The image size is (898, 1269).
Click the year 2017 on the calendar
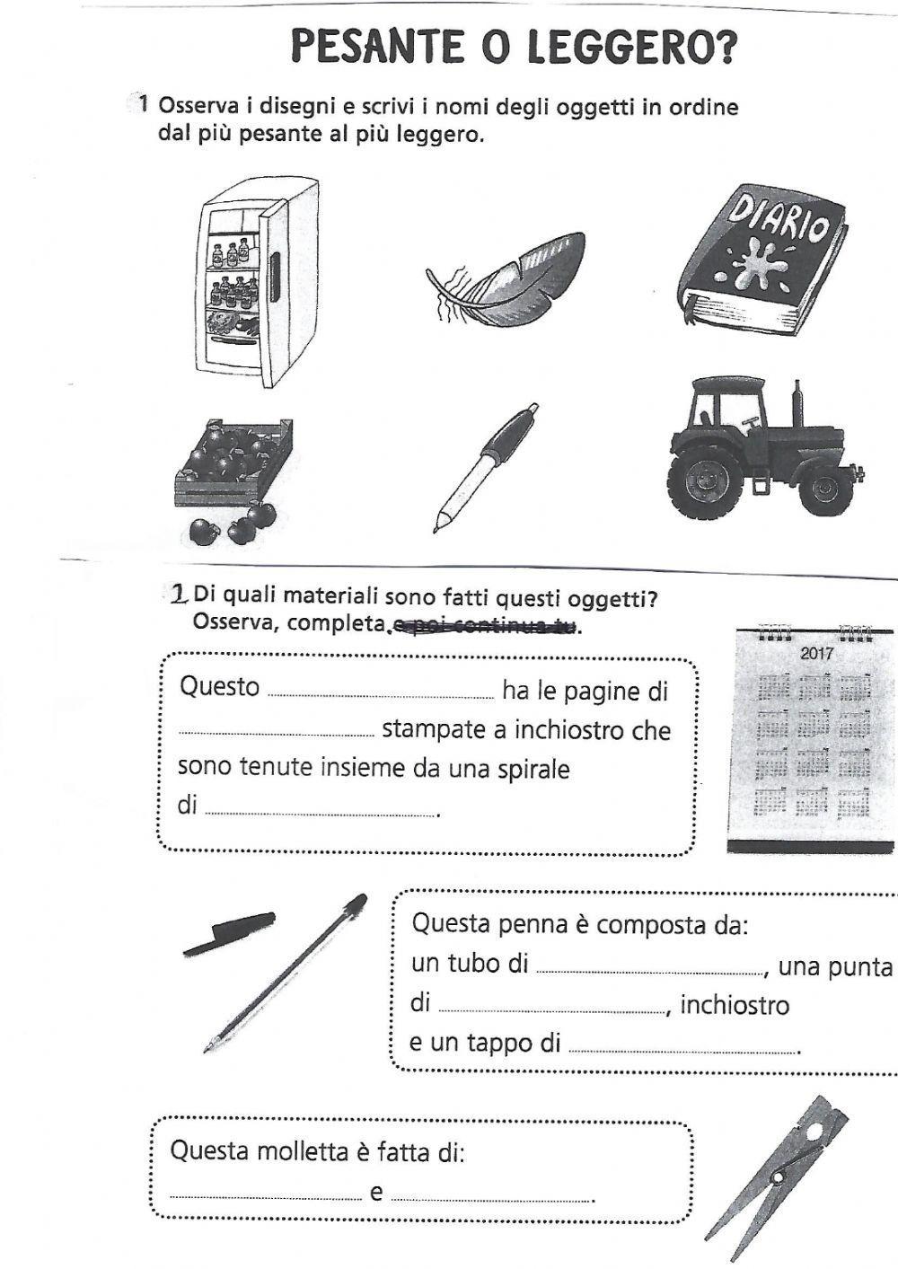[x=815, y=654]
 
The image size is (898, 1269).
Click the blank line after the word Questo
[x=381, y=694]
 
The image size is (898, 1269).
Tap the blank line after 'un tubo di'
[x=647, y=971]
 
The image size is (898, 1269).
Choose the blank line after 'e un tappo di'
[x=682, y=1049]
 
